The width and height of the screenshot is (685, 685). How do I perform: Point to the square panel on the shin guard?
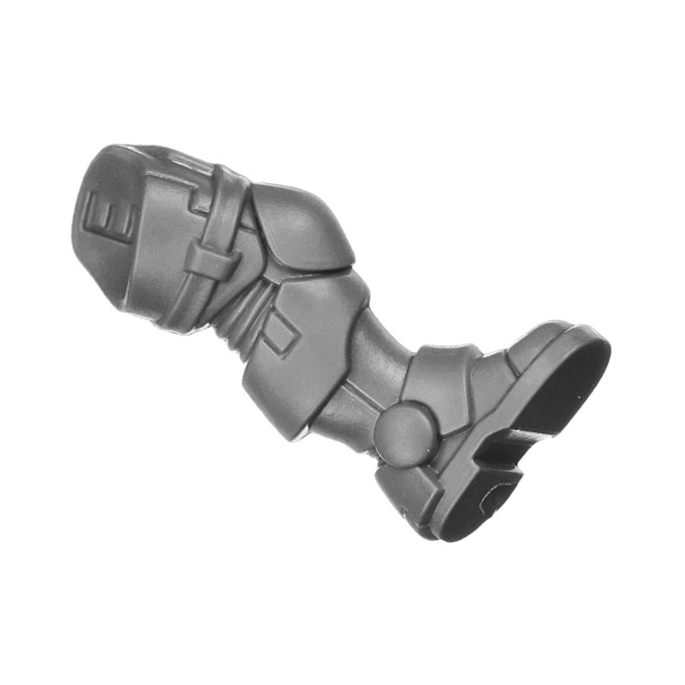coord(281,331)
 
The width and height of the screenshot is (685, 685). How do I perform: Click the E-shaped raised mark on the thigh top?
coord(110,214)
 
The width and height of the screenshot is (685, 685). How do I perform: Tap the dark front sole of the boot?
coord(563,384)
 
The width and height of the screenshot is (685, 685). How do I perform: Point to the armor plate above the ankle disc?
coord(441,376)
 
